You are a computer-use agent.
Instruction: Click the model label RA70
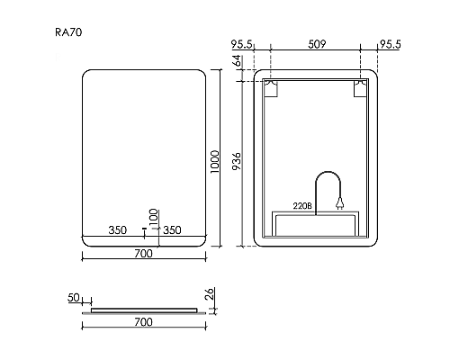(68, 32)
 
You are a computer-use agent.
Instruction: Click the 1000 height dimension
(215, 162)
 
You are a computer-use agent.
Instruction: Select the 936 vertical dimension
(237, 161)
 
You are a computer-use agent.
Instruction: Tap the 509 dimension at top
(317, 44)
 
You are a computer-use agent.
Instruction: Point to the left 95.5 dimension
(242, 44)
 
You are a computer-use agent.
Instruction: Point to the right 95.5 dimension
(391, 44)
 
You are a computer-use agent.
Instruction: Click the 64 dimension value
(237, 60)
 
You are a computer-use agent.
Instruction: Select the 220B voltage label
(302, 206)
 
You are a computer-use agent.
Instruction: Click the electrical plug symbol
(339, 203)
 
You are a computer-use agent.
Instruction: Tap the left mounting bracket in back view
(271, 89)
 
